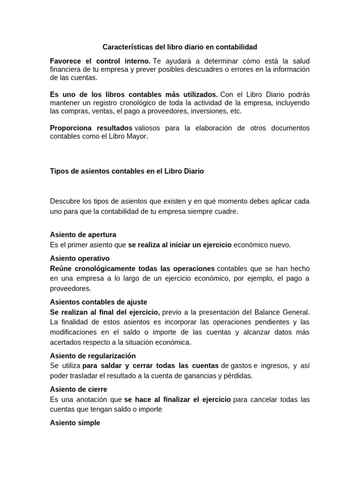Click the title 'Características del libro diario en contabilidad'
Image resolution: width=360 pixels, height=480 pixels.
180,47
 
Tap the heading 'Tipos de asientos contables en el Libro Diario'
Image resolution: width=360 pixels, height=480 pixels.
127,171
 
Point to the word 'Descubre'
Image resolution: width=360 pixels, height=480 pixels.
65,201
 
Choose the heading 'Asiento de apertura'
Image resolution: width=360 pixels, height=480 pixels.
83,234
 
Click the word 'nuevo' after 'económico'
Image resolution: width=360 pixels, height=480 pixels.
280,245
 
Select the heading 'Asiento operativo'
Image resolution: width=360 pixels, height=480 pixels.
80,258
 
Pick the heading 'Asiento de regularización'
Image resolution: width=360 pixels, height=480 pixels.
93,356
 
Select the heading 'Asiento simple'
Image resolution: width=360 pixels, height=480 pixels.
75,423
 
